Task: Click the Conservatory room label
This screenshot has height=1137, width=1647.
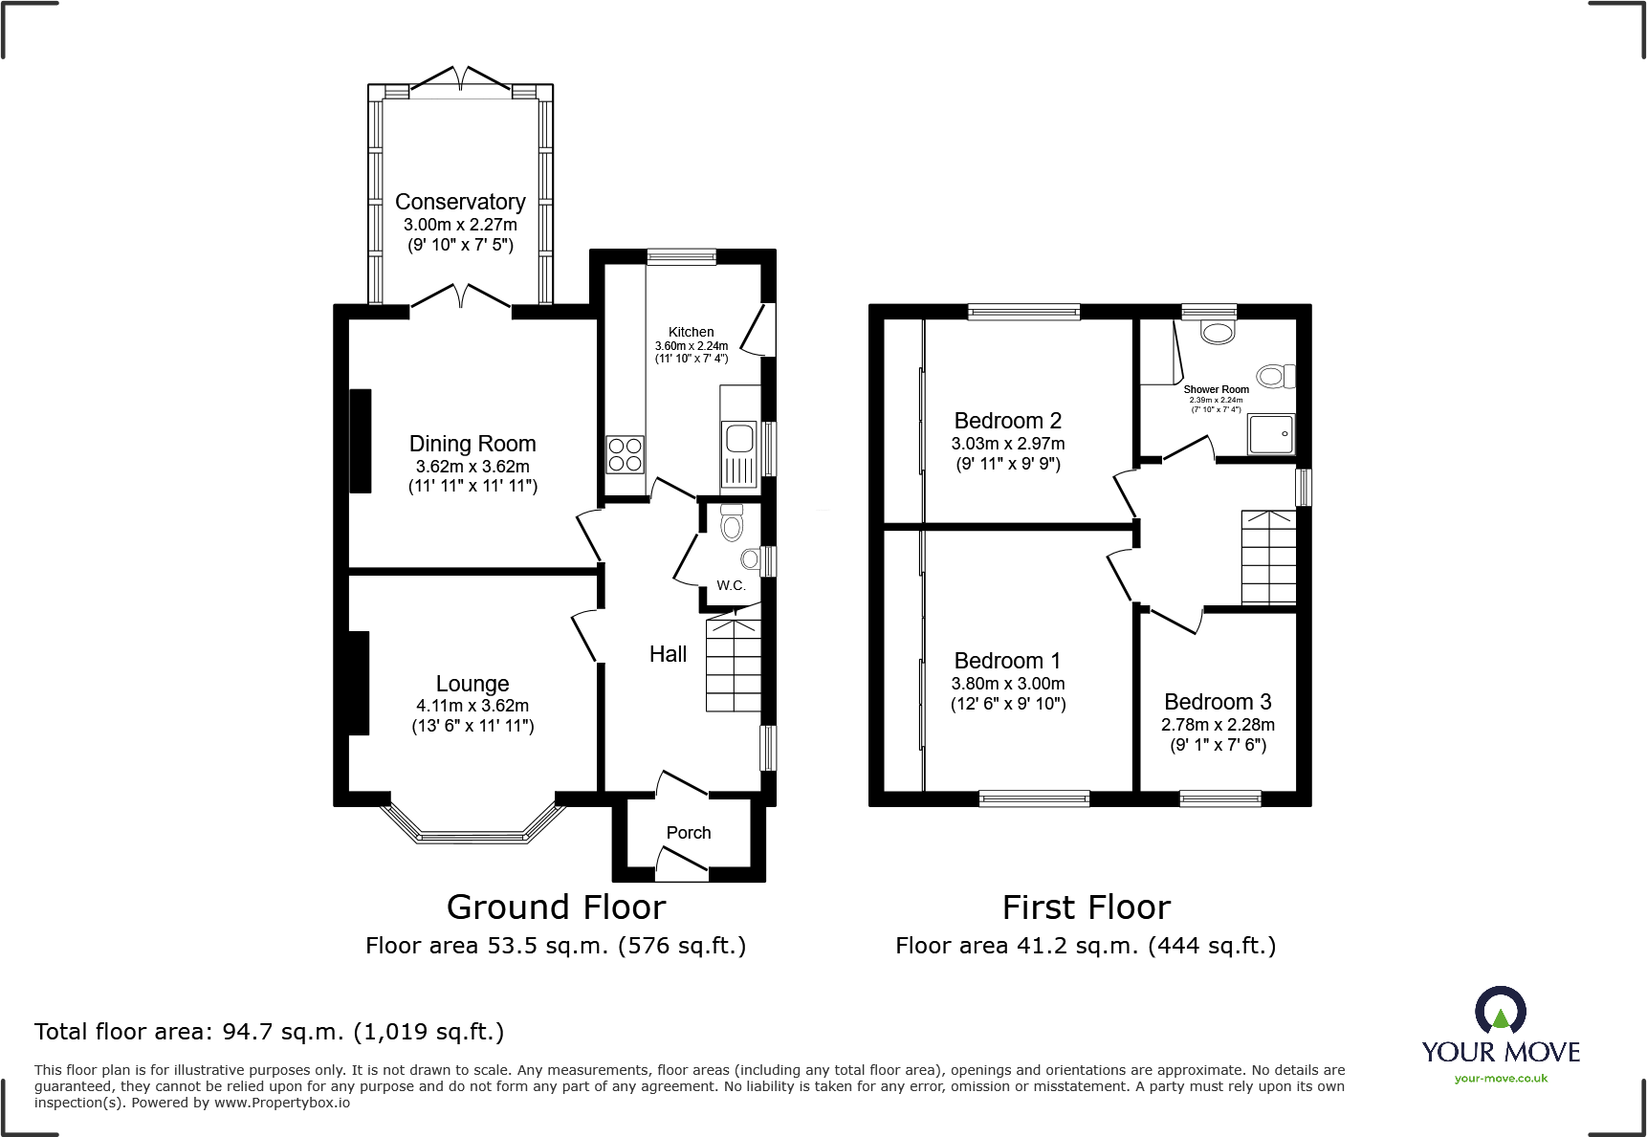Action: coord(460,202)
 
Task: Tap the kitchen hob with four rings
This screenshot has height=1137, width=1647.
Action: coord(626,454)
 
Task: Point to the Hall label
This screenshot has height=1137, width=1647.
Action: coord(668,654)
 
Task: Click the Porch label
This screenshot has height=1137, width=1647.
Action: coord(689,833)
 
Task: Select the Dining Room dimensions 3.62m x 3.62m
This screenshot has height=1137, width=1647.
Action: coord(472,467)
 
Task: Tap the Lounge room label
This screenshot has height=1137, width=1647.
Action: coord(472,683)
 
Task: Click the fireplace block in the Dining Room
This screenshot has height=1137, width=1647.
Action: coord(360,441)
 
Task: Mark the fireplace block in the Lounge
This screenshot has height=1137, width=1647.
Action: coord(359,683)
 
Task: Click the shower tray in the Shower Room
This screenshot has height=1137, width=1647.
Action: coord(1270,434)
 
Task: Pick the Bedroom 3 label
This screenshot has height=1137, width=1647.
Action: coord(1218,702)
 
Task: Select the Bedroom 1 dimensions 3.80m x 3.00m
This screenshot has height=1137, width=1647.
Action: coord(1008,684)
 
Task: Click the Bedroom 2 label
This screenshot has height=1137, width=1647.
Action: coord(1008,421)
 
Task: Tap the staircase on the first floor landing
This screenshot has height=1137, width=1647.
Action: coord(1268,558)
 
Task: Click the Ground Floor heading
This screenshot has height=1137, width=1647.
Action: coord(556,907)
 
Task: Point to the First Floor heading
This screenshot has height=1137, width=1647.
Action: coord(1087,907)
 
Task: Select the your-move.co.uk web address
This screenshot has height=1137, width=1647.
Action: coord(1501,1079)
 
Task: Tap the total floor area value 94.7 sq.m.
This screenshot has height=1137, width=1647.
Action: coord(283,1032)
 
